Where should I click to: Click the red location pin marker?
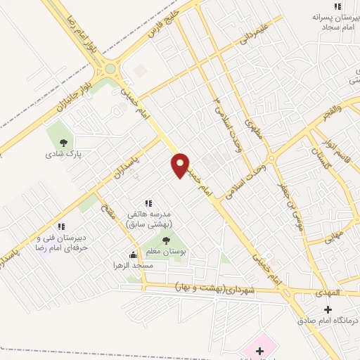tap(180, 165)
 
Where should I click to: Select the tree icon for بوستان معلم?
tap(166, 240)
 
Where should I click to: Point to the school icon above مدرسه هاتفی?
tap(148, 202)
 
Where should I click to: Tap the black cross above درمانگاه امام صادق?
tap(327, 309)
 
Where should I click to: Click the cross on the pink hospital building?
tap(259, 349)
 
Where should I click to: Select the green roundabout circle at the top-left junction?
tap(110, 69)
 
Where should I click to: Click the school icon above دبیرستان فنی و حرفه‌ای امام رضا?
tap(60, 226)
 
